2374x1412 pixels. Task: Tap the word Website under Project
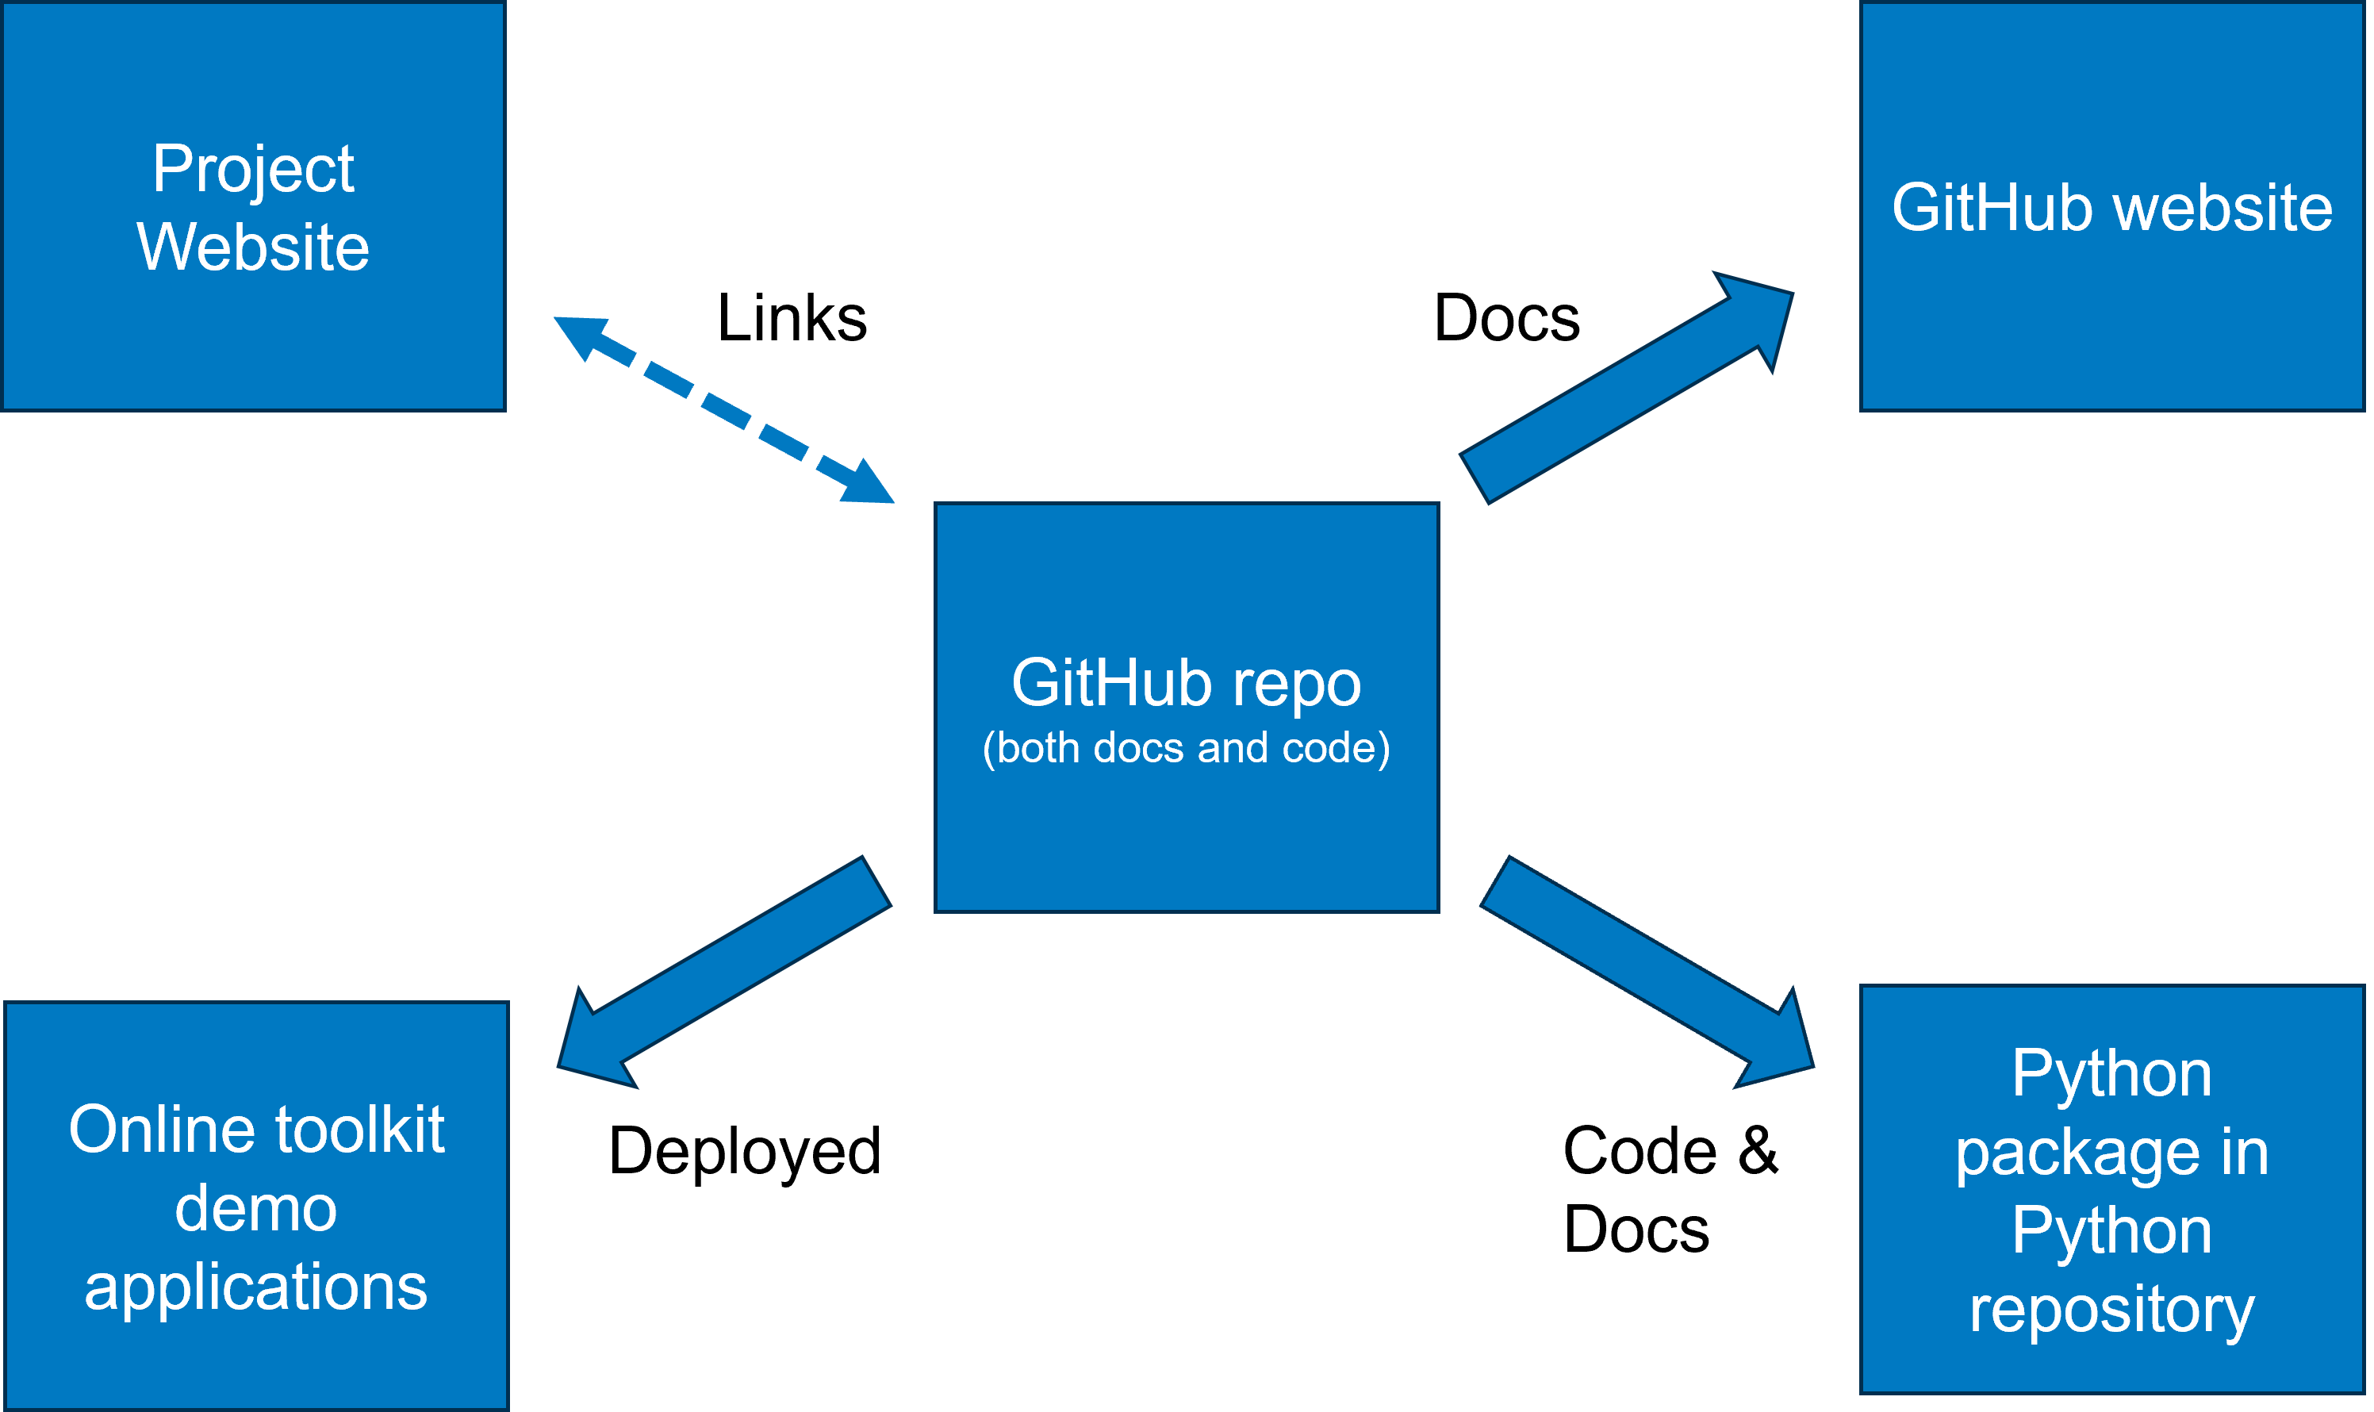tap(253, 247)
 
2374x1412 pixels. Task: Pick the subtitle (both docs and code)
tap(1186, 748)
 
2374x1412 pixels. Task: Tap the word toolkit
tap(359, 1130)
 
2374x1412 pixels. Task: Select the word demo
tap(256, 1208)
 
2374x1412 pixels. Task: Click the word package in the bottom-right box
tap(2077, 1154)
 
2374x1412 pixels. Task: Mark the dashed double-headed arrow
tap(724, 410)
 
